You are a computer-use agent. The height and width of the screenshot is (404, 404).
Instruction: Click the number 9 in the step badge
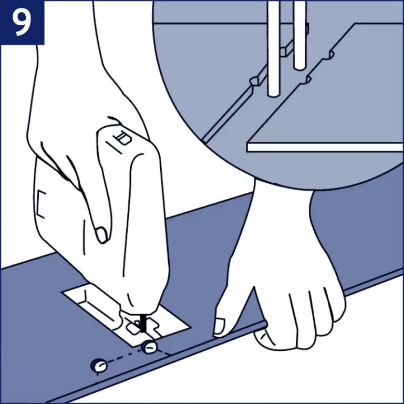[22, 23]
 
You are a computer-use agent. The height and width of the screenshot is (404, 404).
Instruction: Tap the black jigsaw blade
[143, 323]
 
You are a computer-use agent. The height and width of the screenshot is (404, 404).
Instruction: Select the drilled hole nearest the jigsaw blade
[149, 347]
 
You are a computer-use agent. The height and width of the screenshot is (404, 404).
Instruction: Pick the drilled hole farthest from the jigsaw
[99, 365]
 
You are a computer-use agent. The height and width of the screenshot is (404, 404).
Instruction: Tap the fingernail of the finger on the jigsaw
[102, 234]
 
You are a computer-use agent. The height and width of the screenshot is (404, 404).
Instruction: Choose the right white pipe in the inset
[299, 35]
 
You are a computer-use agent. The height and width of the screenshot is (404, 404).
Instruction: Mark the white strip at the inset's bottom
[325, 147]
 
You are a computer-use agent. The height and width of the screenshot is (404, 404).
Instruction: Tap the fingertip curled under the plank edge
[264, 338]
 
